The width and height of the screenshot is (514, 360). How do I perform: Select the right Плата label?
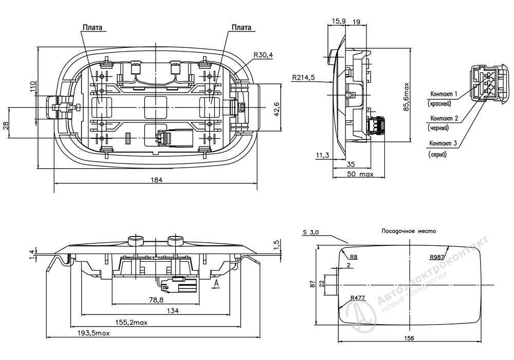tap(242, 27)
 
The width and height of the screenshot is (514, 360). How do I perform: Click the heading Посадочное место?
tap(409, 231)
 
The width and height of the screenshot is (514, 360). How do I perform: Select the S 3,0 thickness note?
tap(310, 232)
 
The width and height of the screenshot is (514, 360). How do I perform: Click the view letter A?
tap(217, 283)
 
